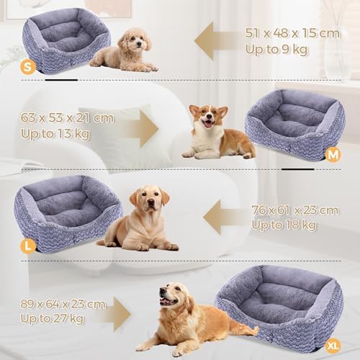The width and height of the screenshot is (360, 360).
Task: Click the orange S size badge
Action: tap(28, 67)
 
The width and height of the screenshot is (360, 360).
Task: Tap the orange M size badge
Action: tap(333, 156)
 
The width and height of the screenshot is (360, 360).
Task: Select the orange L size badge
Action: tap(28, 246)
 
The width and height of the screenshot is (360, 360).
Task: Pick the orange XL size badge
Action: tap(333, 346)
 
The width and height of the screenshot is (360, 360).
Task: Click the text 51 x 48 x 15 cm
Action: tap(292, 33)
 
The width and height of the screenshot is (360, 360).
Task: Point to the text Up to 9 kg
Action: tap(276, 50)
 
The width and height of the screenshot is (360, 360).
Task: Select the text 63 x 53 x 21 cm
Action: tap(67, 117)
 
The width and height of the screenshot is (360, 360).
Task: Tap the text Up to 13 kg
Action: tap(55, 134)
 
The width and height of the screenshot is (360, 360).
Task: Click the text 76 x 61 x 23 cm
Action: tap(295, 210)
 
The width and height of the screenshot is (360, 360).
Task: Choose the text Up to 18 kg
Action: tap(284, 225)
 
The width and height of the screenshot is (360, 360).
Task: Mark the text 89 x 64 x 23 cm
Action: tap(63, 304)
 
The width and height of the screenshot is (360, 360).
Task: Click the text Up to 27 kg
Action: tap(52, 319)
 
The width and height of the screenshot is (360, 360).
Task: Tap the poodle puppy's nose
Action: tap(139, 44)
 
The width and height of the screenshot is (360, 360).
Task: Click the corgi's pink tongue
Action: tap(208, 124)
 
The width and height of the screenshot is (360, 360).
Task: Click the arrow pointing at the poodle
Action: tap(218, 41)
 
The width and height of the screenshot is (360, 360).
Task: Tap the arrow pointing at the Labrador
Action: tap(225, 217)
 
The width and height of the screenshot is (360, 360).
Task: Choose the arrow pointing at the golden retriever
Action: tap(116, 314)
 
